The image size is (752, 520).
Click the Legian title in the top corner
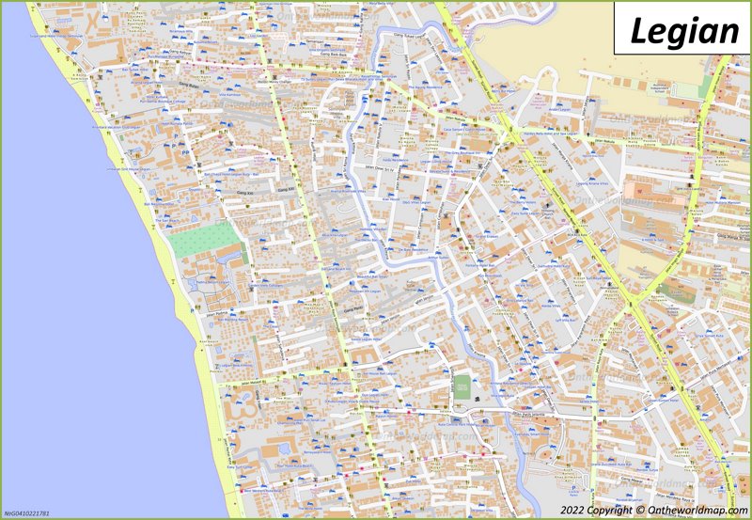683,30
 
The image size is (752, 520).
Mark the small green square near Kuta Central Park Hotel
462,386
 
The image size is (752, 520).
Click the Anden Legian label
559,110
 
